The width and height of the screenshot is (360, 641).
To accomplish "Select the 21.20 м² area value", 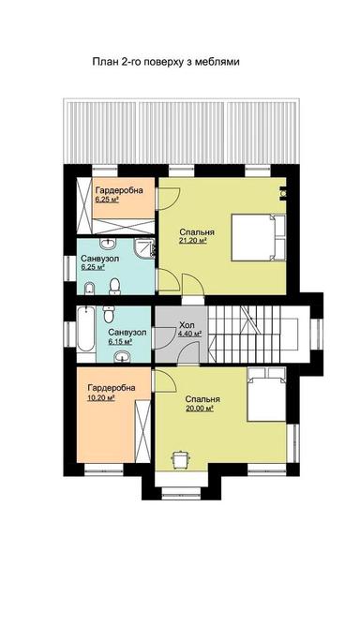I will point(193,240).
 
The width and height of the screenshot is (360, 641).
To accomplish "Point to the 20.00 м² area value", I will point(202,409).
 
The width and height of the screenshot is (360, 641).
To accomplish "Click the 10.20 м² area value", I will point(100,397).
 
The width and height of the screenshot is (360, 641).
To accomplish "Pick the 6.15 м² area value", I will point(120,342).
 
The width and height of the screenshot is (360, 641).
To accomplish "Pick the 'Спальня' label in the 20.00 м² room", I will point(203,398).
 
